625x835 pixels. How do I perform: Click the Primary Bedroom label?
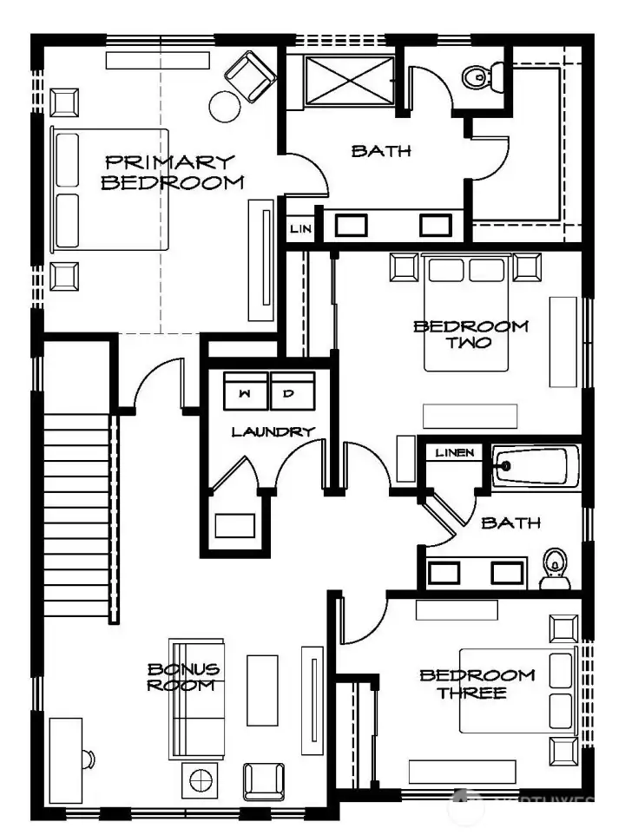coord(170,172)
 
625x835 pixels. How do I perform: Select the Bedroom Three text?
coord(477,684)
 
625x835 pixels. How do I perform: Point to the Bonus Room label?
coord(183,677)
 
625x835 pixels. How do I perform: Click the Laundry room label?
coord(272,431)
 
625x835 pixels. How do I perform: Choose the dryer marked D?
coord(291,392)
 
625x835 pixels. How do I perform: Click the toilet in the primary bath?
coord(477,78)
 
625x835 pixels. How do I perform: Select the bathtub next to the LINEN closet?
coord(535,466)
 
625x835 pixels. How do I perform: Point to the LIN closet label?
coord(299,229)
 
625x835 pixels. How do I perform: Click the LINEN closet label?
coord(455,453)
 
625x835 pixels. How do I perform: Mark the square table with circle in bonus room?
coord(201,779)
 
